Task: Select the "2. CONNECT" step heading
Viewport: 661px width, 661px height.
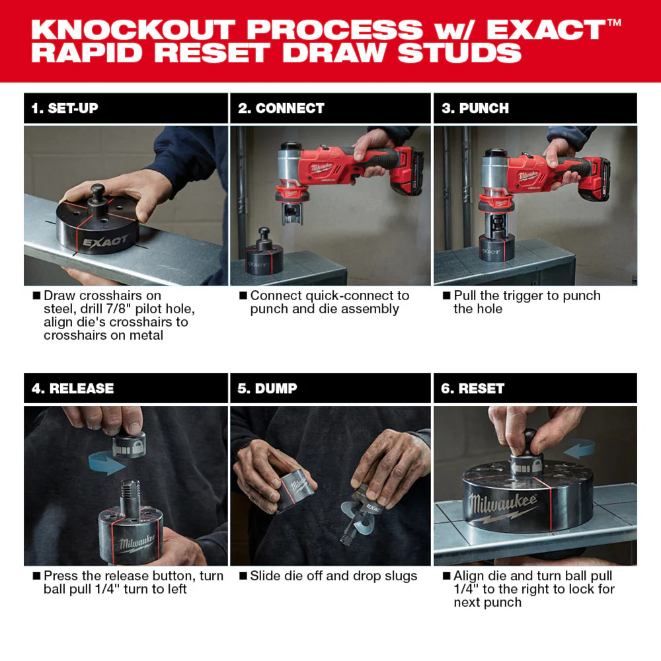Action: point(281,108)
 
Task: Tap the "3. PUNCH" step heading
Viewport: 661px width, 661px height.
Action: point(475,108)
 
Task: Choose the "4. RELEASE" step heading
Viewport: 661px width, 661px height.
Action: point(73,389)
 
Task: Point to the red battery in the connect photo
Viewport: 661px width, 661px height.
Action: point(406,173)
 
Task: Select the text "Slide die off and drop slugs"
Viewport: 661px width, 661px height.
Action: point(333,576)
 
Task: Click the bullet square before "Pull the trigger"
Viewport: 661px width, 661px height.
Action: point(447,296)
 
